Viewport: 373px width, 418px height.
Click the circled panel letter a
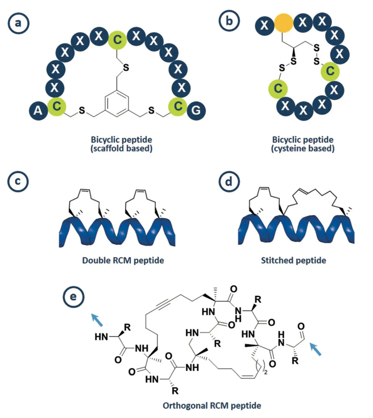19,23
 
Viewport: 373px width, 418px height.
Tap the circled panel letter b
229,21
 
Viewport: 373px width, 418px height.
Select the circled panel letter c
18,181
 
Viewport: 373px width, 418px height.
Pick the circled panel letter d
229,182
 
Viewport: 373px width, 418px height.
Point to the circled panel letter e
73,297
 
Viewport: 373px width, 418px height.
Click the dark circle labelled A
38,111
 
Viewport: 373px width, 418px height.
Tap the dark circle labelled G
196,111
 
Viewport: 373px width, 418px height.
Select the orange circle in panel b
283,23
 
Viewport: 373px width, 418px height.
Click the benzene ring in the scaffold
117,104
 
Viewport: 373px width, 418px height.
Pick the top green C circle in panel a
117,40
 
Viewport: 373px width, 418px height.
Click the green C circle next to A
57,107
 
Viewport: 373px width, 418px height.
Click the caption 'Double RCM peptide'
123,260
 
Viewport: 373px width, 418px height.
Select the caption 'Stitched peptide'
293,260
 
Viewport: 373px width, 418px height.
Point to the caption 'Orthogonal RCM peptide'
212,406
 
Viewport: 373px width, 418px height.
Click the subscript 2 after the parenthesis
266,372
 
